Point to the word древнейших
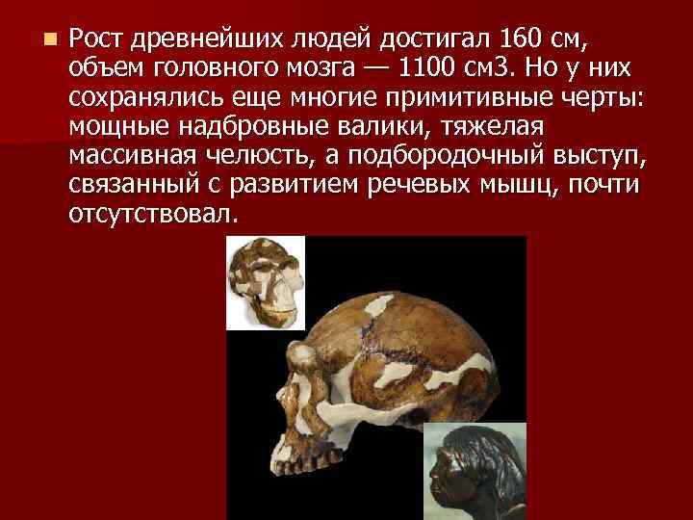coord(200,40)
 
